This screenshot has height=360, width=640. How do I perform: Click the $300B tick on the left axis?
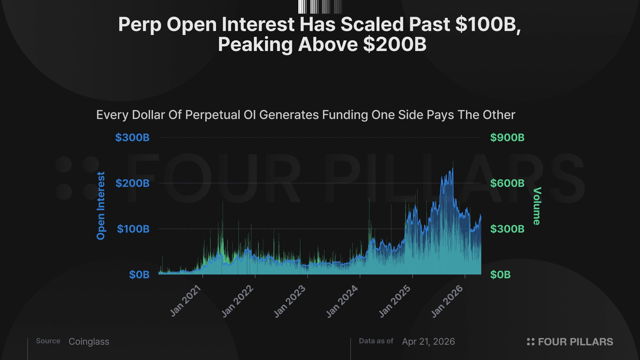132,138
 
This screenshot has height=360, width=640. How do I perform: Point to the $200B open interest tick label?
132,183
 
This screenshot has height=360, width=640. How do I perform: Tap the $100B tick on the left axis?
133,229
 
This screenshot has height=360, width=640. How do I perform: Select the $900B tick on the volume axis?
507,138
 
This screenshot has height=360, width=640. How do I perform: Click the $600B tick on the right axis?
507,183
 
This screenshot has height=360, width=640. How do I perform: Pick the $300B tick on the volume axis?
507,229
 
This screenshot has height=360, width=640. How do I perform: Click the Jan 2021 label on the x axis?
185,301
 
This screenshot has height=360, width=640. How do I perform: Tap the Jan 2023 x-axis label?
290,301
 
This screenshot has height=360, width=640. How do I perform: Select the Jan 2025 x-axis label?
395,301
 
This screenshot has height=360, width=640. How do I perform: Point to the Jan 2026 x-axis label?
447,301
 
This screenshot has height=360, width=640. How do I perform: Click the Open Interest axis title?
101,206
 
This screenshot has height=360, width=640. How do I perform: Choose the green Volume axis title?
537,206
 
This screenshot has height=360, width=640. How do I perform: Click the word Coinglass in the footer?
89,342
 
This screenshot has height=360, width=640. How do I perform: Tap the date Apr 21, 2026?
428,342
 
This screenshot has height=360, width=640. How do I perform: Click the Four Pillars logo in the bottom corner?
570,342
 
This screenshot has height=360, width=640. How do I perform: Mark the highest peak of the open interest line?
452,169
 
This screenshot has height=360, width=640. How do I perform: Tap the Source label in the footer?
48,341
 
